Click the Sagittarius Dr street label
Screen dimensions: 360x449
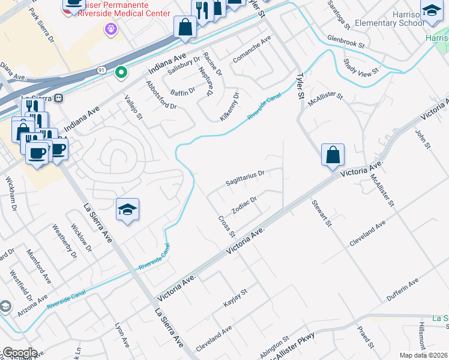point(245,178)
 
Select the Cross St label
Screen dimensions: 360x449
point(226,226)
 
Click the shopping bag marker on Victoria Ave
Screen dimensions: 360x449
point(333,156)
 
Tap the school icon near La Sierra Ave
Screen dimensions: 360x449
point(127,209)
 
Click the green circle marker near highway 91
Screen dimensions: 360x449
point(121,73)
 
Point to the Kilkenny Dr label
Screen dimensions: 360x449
point(229,106)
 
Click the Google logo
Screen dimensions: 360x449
point(19,353)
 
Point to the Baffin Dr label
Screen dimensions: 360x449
point(183,91)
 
